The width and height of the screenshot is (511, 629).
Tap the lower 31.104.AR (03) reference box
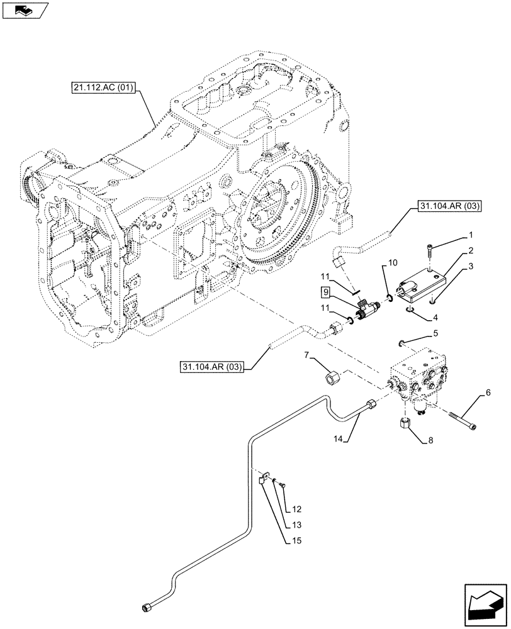point(214,366)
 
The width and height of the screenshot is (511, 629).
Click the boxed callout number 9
point(324,291)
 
